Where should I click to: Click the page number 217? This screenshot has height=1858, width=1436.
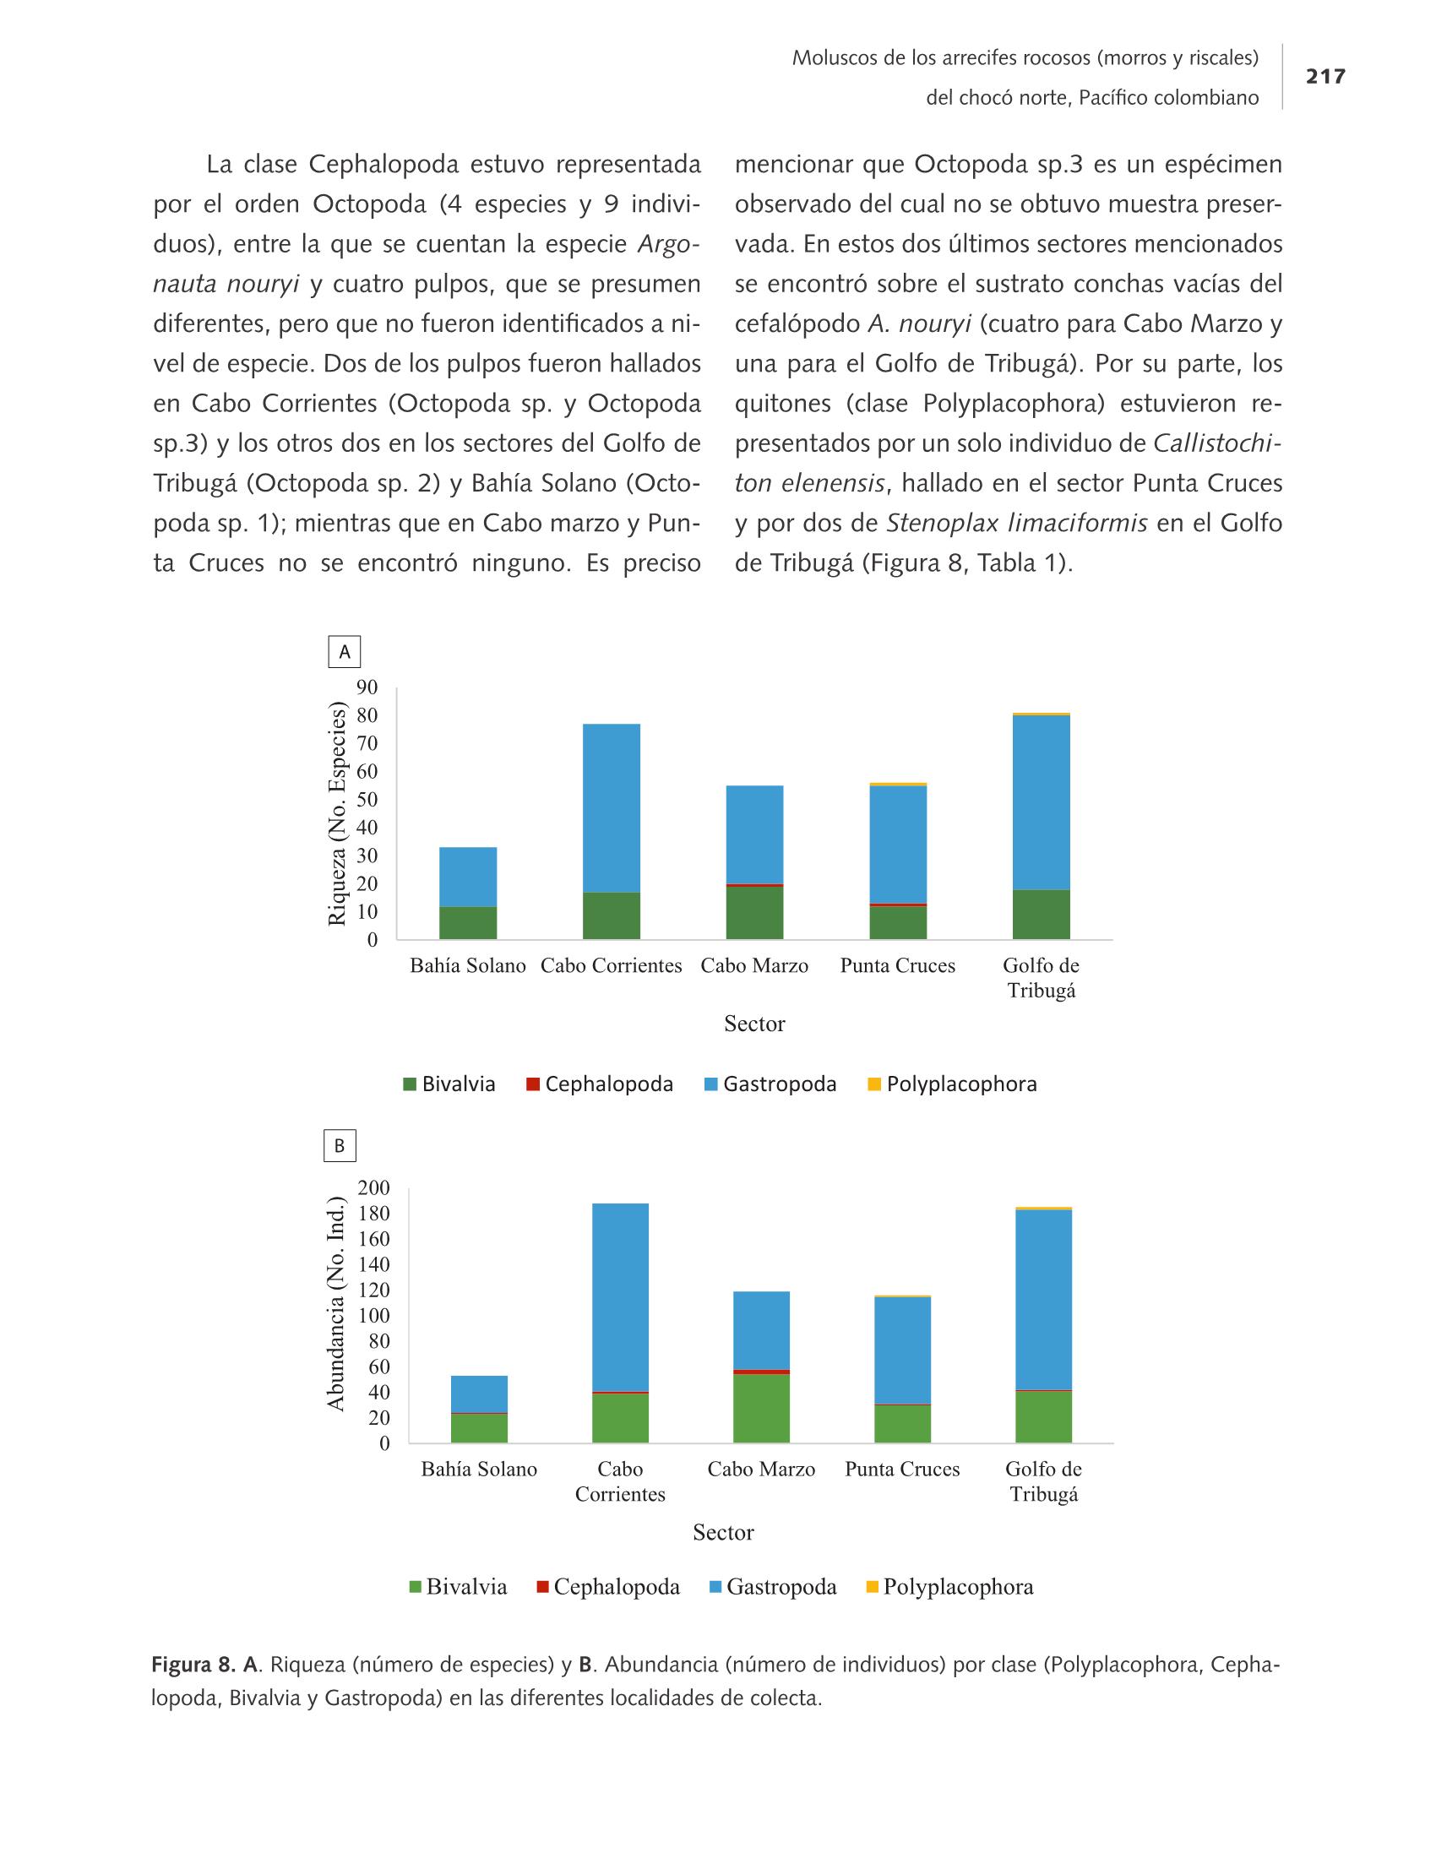pos(1325,77)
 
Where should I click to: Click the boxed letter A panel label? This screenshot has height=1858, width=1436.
pos(345,652)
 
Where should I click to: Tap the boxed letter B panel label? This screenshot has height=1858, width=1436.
pos(340,1146)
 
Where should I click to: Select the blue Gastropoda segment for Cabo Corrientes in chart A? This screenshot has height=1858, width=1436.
pos(612,808)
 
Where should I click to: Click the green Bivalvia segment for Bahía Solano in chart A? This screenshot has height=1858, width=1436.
pos(468,923)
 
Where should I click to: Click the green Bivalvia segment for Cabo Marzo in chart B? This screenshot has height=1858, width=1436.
pos(761,1409)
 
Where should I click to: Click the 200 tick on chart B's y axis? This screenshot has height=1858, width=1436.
pos(373,1187)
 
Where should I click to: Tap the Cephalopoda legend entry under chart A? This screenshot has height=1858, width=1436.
pos(600,1084)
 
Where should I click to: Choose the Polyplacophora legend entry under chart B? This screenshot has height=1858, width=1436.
pos(949,1587)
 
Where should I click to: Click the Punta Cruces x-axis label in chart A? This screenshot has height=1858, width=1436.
pos(897,965)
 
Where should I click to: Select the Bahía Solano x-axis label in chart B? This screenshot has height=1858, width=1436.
pos(479,1470)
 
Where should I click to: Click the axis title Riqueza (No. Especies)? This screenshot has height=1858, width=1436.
pos(338,814)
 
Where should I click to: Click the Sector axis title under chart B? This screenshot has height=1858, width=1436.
pos(723,1532)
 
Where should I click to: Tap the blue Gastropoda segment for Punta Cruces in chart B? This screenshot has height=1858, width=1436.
pos(903,1351)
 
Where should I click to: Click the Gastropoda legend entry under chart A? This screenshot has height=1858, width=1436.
pos(770,1084)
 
